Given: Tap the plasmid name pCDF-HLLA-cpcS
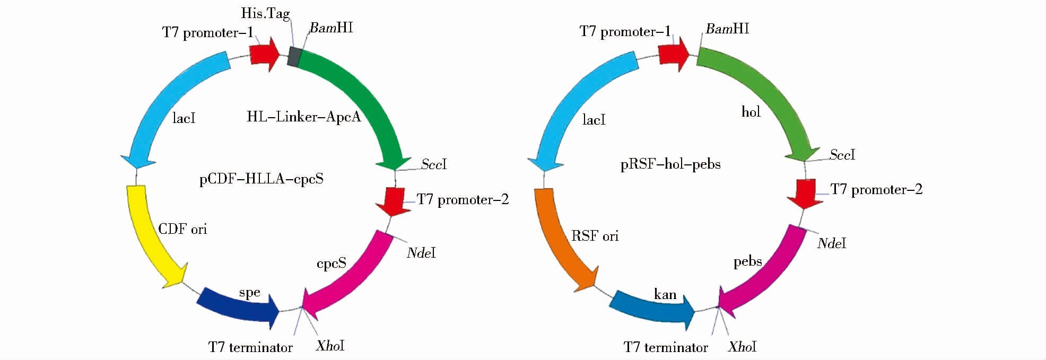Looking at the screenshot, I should pos(261,179).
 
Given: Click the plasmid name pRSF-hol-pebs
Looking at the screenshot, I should pos(670,164).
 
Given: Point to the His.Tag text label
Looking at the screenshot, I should pos(265,13).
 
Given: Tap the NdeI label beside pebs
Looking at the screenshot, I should pos(832,243).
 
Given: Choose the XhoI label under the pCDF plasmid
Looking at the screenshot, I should pos(330,346).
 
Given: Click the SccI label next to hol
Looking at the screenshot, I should pos(842,155).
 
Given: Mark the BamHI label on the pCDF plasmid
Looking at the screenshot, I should pos(332,28).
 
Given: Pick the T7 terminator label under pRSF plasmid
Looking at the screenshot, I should pos(666,347).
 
